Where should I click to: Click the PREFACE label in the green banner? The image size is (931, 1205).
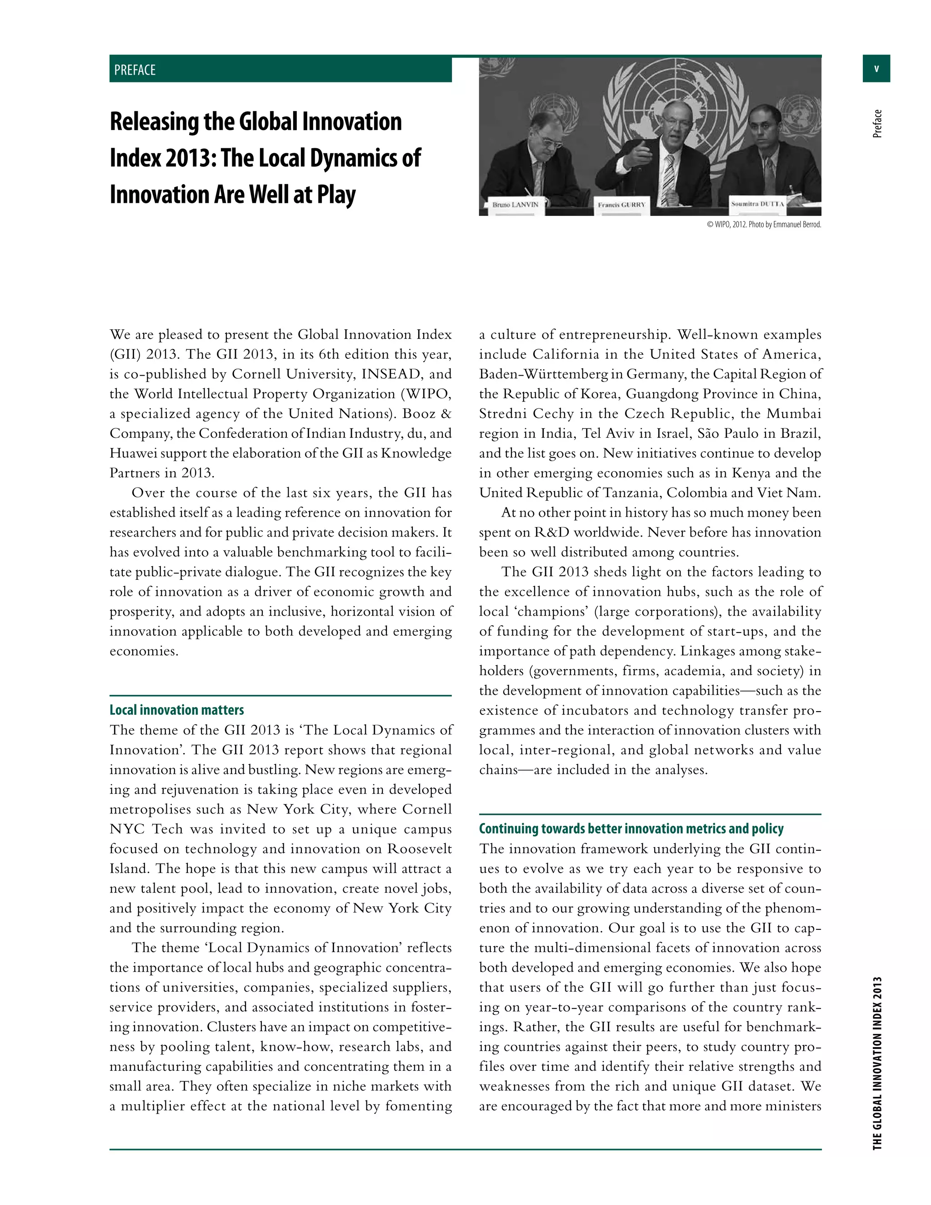click(135, 70)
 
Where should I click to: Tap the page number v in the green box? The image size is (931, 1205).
click(876, 69)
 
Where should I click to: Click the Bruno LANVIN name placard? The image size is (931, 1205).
click(515, 205)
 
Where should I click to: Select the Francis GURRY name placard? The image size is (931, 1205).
click(621, 205)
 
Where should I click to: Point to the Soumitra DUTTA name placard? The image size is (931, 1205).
click(757, 204)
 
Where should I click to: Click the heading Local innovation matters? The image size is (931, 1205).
click(176, 710)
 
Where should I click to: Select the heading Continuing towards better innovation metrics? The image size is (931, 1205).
click(631, 828)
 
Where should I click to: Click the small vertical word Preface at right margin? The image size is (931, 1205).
click(877, 124)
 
